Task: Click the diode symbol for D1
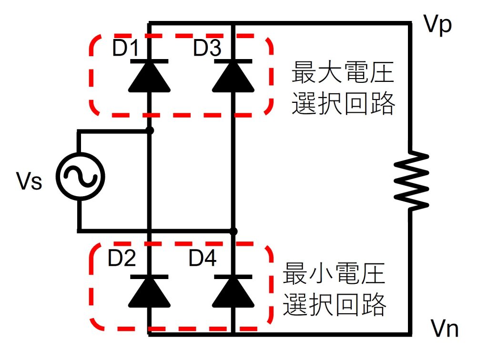[149, 76]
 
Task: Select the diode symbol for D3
[232, 76]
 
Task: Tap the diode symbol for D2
[149, 291]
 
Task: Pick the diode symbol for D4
[232, 291]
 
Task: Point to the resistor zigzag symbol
[411, 180]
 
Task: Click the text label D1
[125, 49]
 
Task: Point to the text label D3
[207, 49]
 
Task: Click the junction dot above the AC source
[150, 130]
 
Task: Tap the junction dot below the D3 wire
[233, 231]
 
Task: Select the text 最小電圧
[334, 274]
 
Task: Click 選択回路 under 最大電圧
[343, 103]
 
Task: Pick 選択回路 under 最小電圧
[334, 305]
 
